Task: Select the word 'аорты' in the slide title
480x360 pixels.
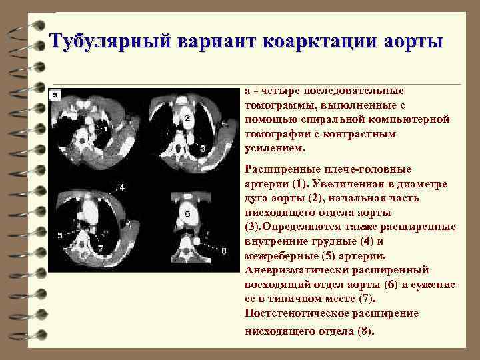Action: point(414,41)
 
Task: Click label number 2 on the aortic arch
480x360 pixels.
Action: point(188,119)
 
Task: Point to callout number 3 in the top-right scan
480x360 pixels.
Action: point(203,149)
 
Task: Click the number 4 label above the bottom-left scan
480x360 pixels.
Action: point(121,187)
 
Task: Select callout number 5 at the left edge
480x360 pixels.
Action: point(60,235)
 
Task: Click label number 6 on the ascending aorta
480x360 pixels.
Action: point(187,215)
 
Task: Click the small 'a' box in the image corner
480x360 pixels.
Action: point(56,95)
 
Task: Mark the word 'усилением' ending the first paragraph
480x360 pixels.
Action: point(274,148)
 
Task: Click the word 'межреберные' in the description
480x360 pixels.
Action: point(279,255)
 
